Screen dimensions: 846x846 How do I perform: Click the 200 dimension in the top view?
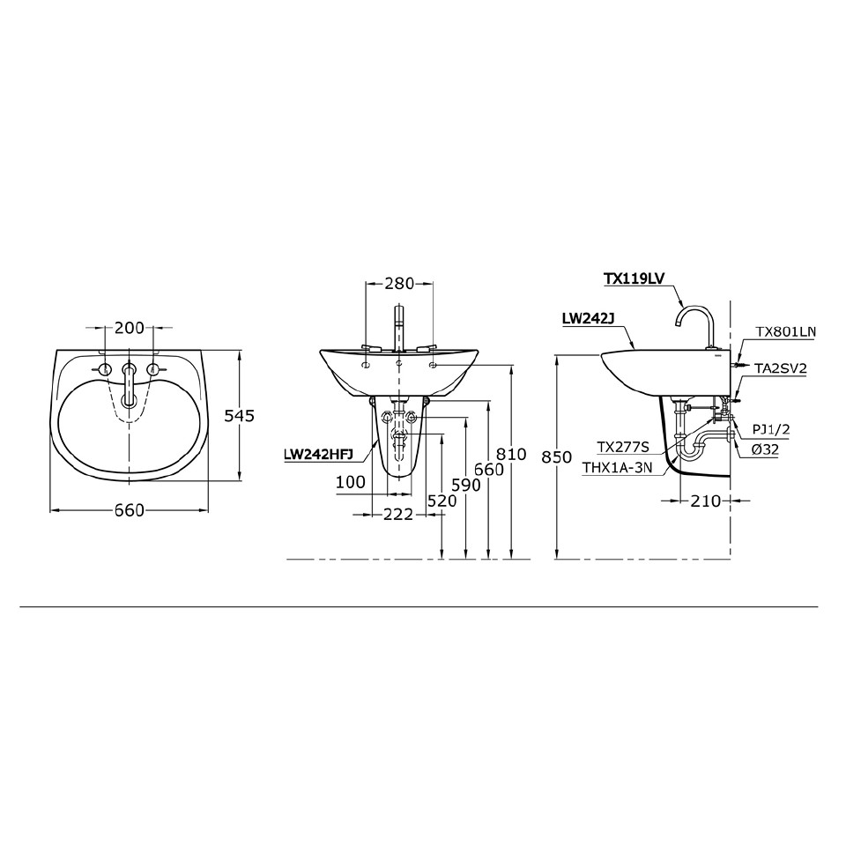130,328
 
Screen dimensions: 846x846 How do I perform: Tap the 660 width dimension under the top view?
129,512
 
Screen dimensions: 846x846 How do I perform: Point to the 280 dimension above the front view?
399,284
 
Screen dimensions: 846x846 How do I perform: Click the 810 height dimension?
511,455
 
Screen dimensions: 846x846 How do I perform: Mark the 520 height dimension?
442,501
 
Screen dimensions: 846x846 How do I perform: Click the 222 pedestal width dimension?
397,515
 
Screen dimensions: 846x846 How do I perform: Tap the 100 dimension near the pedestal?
350,482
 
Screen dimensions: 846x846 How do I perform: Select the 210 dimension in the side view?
706,501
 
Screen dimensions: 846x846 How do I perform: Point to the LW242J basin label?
587,319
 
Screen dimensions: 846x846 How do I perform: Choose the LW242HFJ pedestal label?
319,456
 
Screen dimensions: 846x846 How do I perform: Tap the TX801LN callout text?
786,332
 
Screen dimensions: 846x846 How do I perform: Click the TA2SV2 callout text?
780,368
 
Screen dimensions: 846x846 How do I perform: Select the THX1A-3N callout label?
617,469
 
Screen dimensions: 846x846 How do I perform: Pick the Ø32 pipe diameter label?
765,449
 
